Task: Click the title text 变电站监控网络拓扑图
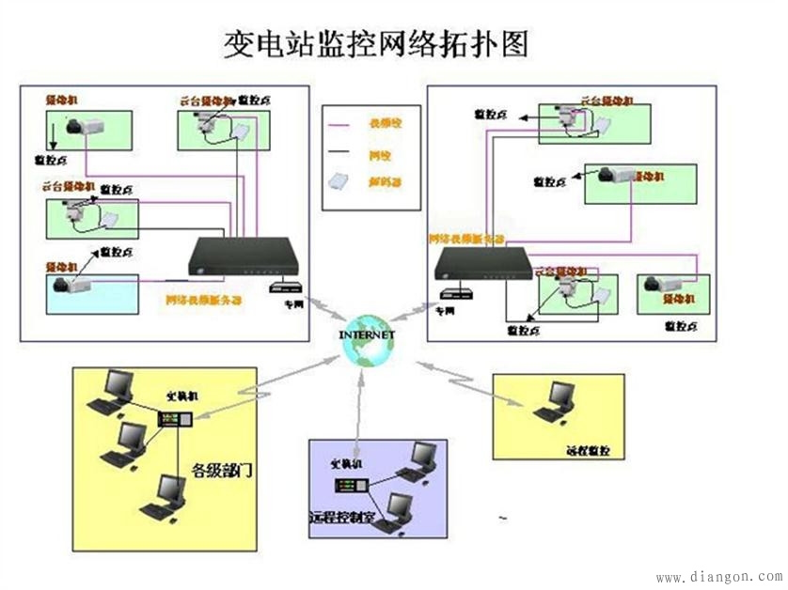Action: (x=376, y=43)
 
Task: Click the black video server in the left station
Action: (x=244, y=255)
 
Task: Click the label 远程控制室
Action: (x=341, y=518)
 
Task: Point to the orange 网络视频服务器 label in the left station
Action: (x=203, y=301)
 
